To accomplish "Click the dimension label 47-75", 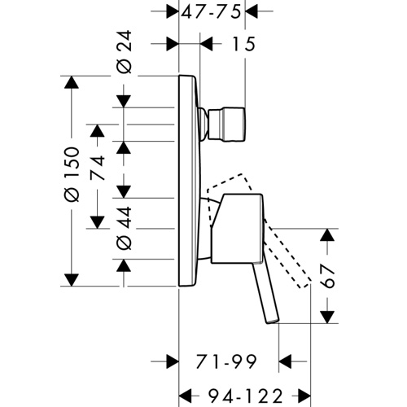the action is (x=211, y=12).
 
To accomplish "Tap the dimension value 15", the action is (x=244, y=44).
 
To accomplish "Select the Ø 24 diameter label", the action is (x=125, y=52).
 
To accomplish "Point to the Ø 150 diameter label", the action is (x=72, y=174).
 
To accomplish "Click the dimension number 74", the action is (x=97, y=168).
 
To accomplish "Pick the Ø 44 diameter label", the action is (x=125, y=228).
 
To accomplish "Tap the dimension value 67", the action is (x=326, y=276).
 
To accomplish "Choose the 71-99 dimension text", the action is (x=226, y=361).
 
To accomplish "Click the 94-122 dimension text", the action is (x=246, y=396).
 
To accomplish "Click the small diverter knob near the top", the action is (x=227, y=125).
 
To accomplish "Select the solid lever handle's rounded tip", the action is (x=273, y=321).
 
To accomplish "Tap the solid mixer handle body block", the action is (x=237, y=229).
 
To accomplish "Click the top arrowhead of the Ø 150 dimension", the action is (x=72, y=82).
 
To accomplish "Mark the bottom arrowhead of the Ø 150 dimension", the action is (x=72, y=280).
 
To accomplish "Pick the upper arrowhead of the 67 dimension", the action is (x=327, y=235).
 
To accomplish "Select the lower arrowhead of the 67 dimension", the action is (x=327, y=317).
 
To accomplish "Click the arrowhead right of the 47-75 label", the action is (x=252, y=11).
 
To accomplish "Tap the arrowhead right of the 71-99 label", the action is (x=285, y=361).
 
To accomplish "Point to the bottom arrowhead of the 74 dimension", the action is (x=97, y=222).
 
